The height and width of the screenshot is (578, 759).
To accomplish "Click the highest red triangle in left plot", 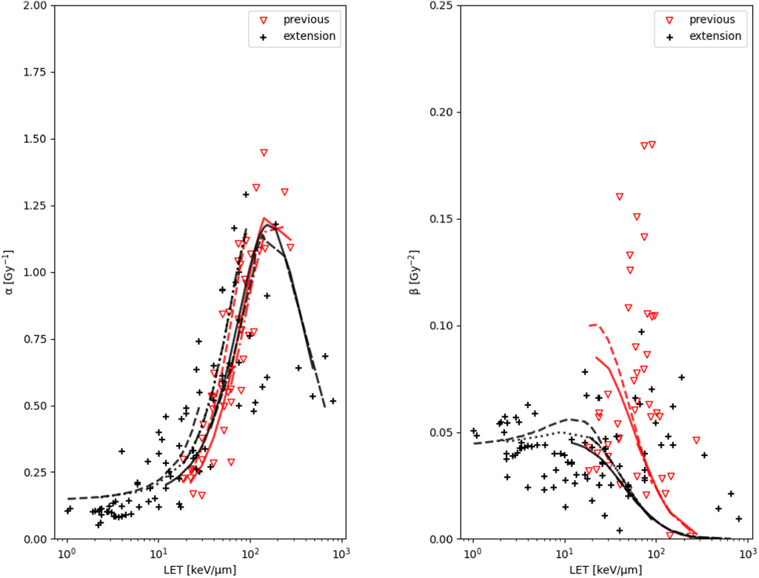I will pos(264,152).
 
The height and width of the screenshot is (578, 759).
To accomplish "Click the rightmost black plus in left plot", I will pos(332,401).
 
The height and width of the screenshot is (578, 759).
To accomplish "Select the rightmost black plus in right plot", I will pos(738,519).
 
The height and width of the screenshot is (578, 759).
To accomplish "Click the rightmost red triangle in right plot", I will pos(696,440).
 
